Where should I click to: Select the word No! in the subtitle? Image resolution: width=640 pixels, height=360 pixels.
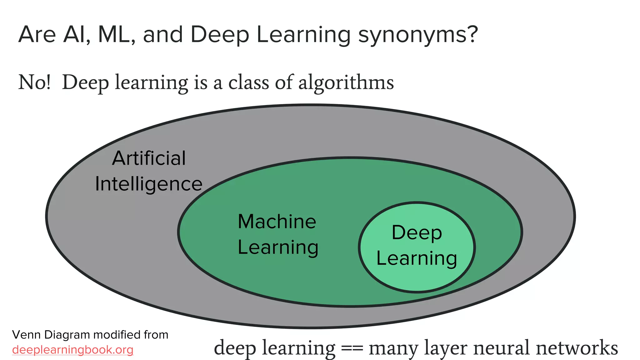point(34,82)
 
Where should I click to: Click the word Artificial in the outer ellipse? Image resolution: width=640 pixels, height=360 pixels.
point(149,158)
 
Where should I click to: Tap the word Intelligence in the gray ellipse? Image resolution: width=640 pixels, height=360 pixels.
point(149,184)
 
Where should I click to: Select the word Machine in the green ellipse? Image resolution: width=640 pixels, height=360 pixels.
point(277,222)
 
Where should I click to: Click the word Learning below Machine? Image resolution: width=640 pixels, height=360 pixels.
point(278,247)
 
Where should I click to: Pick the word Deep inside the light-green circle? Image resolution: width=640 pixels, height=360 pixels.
point(417,233)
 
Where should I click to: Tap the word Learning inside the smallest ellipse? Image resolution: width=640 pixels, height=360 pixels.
point(417,258)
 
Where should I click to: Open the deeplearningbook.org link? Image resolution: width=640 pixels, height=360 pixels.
point(72,350)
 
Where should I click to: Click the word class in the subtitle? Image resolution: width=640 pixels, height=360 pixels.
point(248,82)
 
